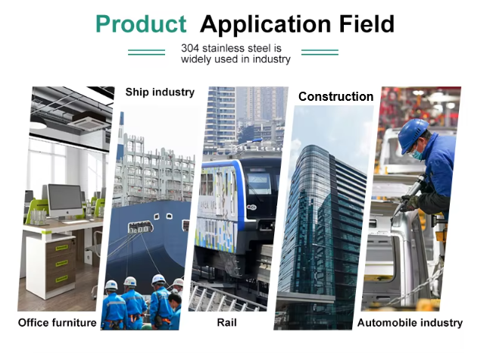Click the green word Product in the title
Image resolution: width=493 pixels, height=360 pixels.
click(x=141, y=24)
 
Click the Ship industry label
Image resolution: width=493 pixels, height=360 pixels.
click(x=160, y=92)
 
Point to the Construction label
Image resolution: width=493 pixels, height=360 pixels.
click(x=335, y=96)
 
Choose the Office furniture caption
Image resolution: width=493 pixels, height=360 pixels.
click(x=58, y=323)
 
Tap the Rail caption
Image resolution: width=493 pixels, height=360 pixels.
click(x=226, y=323)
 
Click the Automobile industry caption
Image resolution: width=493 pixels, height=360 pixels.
click(x=410, y=323)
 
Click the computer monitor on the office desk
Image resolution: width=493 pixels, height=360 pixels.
click(x=65, y=202)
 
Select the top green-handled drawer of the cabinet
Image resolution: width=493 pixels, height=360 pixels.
click(x=61, y=247)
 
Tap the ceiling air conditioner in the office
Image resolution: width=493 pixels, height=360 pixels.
click(x=89, y=121)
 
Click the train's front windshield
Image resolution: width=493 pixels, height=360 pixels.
click(x=260, y=183)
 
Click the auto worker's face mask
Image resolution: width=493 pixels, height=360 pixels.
click(x=417, y=154)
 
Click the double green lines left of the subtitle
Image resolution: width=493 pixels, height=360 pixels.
click(x=146, y=52)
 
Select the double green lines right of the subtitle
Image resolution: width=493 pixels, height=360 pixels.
click(x=320, y=52)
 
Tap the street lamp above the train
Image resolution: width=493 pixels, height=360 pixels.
click(x=248, y=143)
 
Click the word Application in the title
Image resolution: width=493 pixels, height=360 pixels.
click(x=266, y=25)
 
